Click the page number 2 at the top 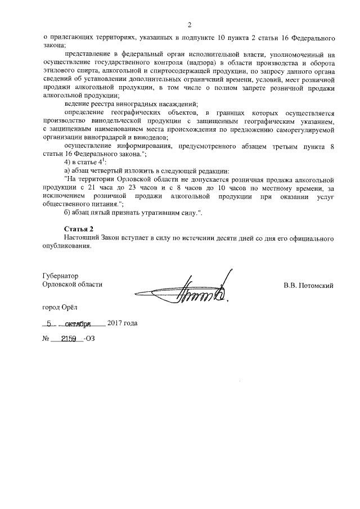tap(190, 25)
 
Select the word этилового tap(59, 71)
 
